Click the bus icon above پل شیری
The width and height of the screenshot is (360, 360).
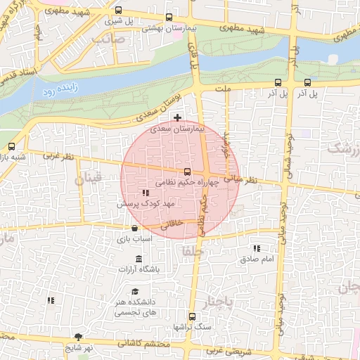pos(117,11)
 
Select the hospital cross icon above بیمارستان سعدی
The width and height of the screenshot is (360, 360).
pos(177,117)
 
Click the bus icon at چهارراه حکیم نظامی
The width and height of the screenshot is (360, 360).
pos(187,172)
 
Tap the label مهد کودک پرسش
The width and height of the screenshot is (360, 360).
pos(145,202)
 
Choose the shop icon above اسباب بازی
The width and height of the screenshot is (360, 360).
pos(134,229)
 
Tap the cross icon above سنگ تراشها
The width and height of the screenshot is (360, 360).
pos(192,316)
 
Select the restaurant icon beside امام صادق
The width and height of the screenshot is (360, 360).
pos(256,248)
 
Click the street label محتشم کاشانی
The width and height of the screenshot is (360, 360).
pos(141,343)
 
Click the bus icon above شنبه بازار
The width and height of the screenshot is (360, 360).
pos(11,147)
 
